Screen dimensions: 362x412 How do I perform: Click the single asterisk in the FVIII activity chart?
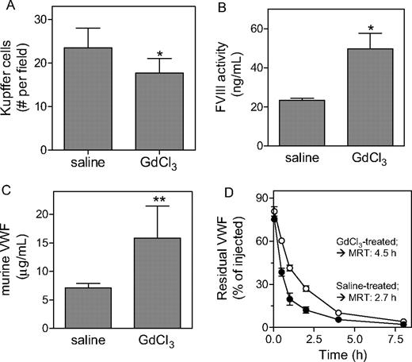point(364,24)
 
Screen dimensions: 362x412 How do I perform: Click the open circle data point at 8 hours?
point(403,322)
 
